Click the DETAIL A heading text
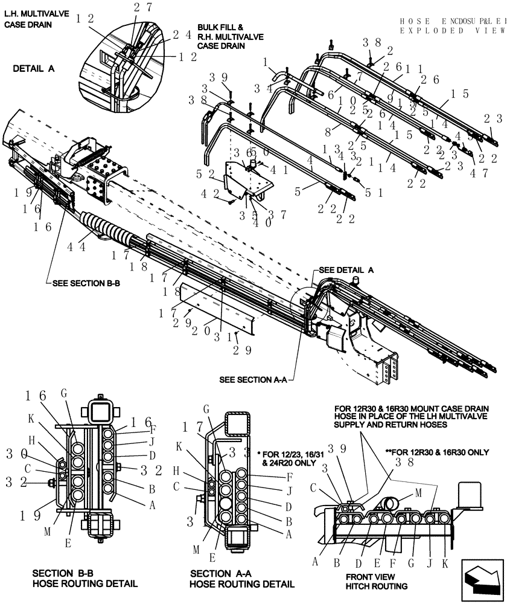point(34,69)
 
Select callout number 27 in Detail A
point(143,7)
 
